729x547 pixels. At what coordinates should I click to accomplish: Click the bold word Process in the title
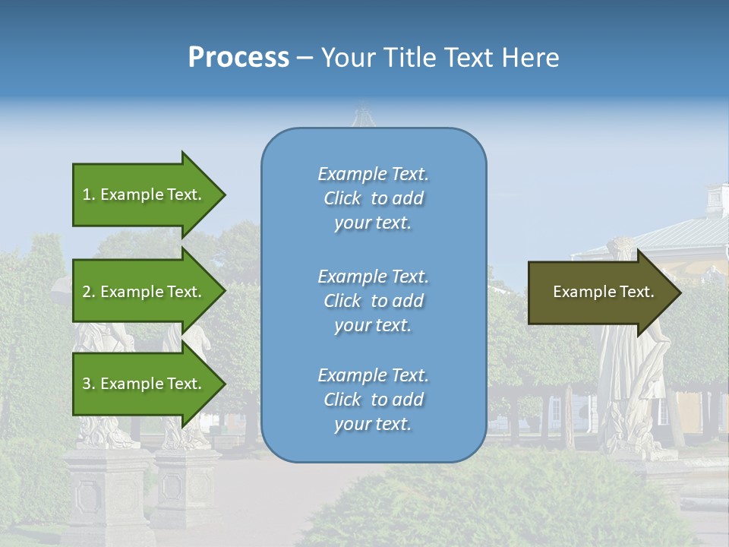[x=238, y=58]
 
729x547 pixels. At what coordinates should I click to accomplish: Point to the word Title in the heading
[x=411, y=58]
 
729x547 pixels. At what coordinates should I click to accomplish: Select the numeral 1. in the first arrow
[x=89, y=194]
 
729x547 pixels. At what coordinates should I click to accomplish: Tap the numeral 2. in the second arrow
[x=89, y=292]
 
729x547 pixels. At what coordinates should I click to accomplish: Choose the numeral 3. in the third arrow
[x=89, y=384]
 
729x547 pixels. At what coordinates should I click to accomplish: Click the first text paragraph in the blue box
[x=373, y=198]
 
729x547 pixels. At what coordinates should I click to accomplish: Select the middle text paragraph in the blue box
[x=373, y=301]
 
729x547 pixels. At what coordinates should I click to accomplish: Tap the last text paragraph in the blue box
[x=373, y=400]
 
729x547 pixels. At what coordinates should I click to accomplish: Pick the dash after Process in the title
[x=305, y=58]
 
